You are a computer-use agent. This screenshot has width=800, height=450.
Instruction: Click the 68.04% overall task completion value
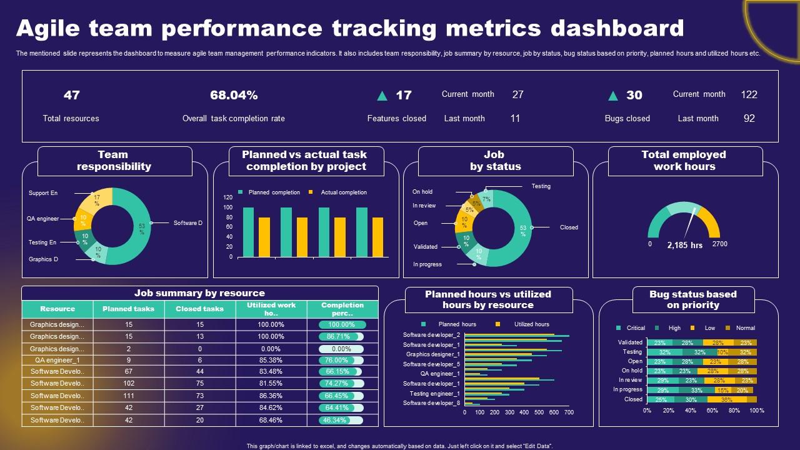[x=234, y=95]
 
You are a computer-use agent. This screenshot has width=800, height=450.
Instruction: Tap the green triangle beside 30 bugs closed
[x=613, y=96]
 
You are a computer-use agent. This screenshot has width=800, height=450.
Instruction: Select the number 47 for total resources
[x=71, y=95]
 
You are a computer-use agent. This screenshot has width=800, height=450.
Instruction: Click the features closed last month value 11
[x=515, y=118]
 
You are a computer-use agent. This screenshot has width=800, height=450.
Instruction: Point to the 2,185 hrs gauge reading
[x=684, y=245]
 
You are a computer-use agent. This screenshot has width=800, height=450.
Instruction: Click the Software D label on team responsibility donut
[x=188, y=222]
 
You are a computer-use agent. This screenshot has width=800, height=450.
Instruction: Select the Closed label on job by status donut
[x=569, y=227]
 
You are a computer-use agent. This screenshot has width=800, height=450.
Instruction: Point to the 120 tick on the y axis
[x=227, y=197]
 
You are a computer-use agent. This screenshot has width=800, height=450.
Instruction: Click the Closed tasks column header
[x=199, y=309]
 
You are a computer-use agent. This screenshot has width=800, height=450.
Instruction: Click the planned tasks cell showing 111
[x=129, y=396]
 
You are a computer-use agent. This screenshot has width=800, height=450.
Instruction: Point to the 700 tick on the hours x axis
[x=569, y=412]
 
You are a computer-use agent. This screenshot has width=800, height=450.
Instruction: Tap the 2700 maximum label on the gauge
[x=719, y=244]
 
